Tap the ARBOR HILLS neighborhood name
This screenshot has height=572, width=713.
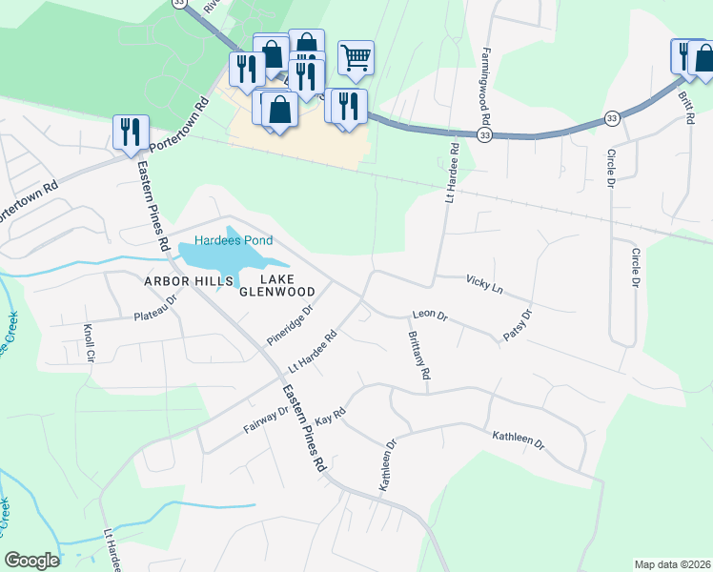pyautogui.click(x=188, y=282)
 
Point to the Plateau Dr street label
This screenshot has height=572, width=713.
pyautogui.click(x=156, y=308)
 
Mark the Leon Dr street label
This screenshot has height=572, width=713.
pyautogui.click(x=429, y=314)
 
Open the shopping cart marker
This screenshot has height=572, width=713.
pyautogui.click(x=356, y=57)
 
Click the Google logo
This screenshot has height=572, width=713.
pyautogui.click(x=31, y=561)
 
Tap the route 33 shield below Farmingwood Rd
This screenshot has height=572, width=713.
pyautogui.click(x=485, y=136)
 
